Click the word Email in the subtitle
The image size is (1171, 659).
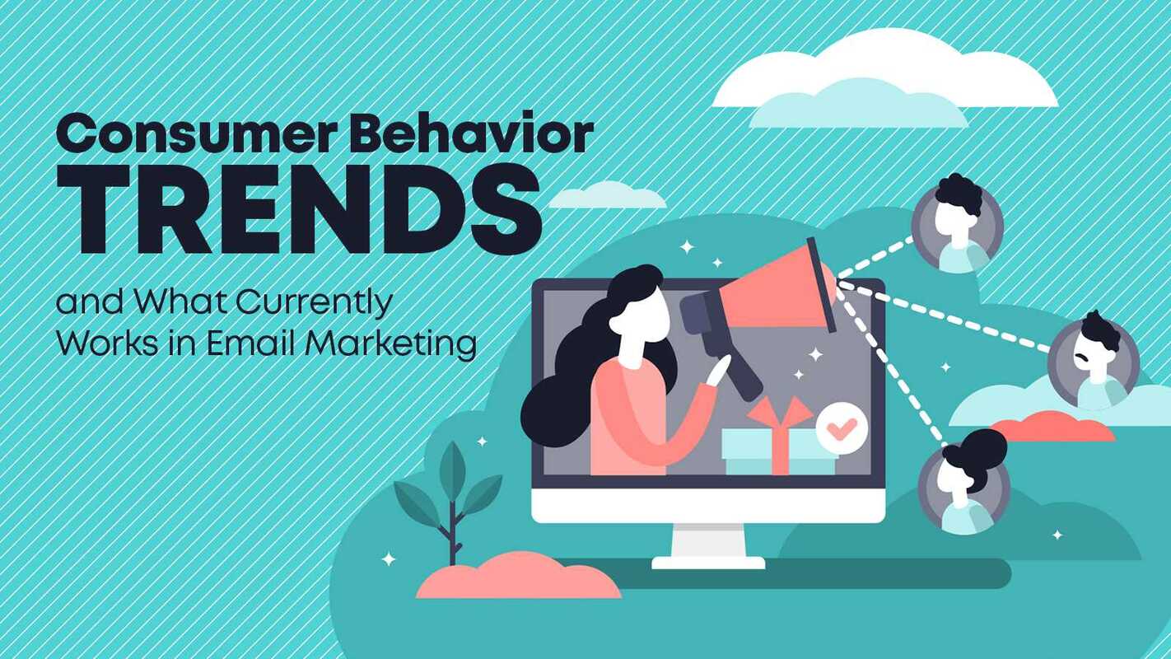250,343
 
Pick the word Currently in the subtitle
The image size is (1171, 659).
315,304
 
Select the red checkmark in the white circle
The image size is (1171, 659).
842,427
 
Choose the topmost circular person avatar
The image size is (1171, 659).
957,224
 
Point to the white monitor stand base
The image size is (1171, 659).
708,562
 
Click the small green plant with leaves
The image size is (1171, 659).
449,495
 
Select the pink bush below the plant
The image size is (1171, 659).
517,577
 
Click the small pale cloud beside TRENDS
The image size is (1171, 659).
608,196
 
